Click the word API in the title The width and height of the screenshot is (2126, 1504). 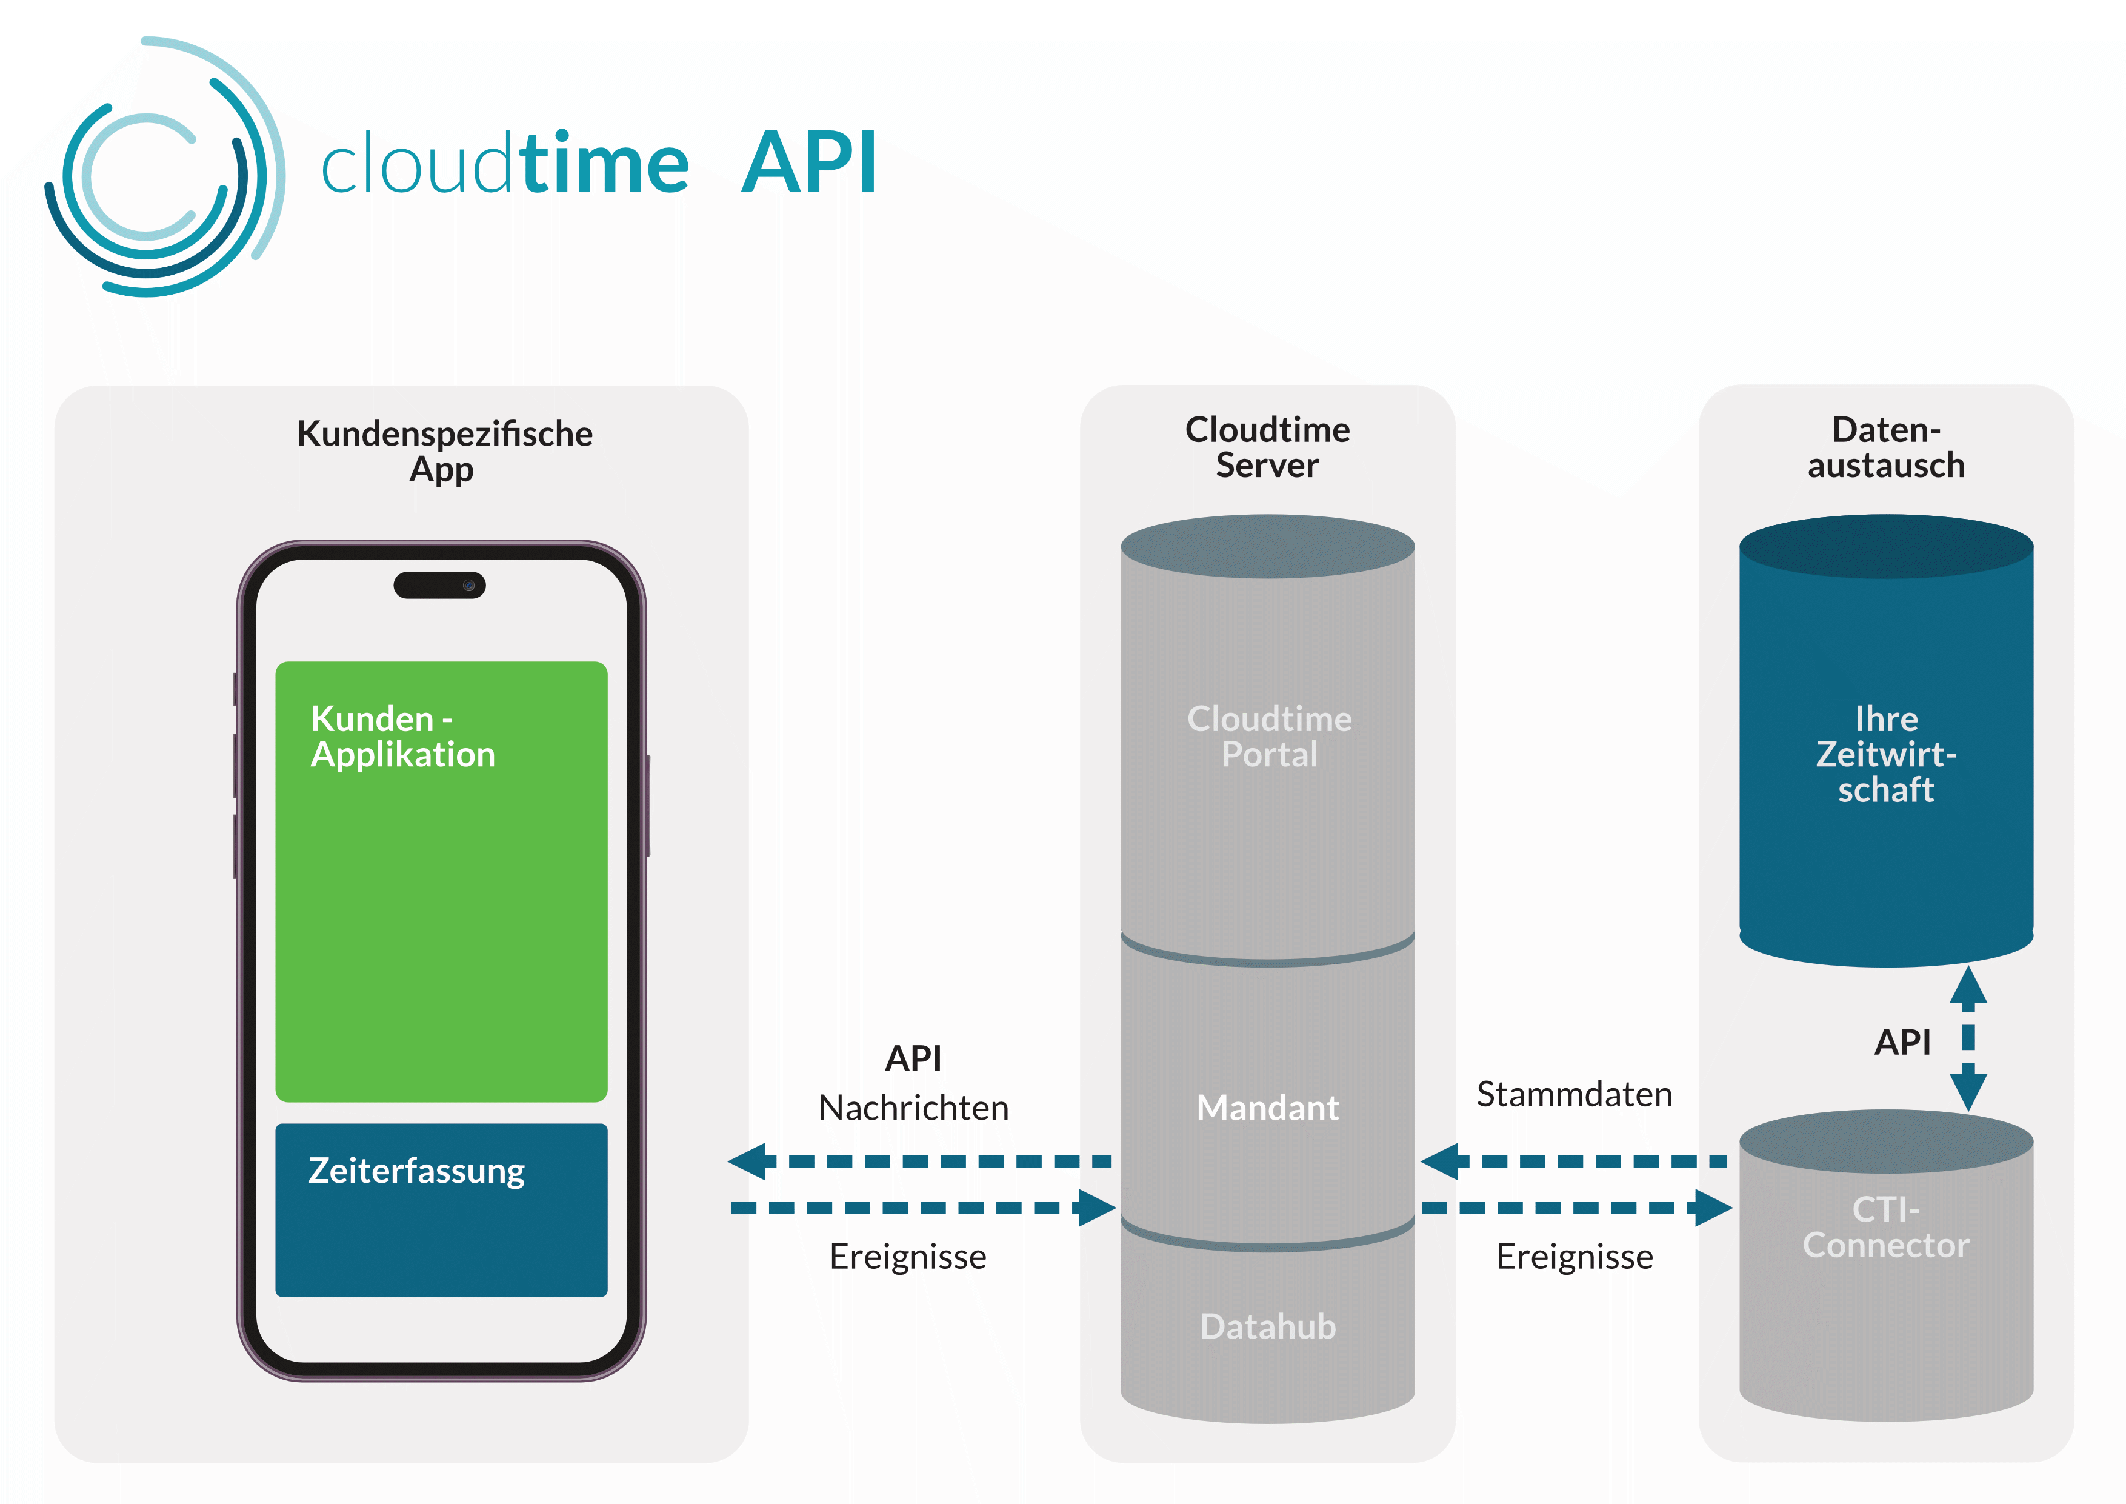[808, 164]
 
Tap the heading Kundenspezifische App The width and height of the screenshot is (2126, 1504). [444, 451]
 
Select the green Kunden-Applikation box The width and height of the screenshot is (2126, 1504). [441, 880]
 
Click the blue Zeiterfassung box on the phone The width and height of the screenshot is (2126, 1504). [441, 1209]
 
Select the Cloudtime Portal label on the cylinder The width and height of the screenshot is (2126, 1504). [1268, 737]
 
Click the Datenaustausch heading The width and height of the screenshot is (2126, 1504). [1885, 447]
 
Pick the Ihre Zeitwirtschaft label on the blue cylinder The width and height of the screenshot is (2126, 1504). [1885, 754]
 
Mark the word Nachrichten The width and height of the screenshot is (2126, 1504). [913, 1108]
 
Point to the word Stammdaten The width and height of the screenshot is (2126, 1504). [1573, 1094]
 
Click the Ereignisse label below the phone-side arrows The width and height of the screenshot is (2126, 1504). [907, 1257]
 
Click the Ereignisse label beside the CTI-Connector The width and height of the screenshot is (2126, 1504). [1574, 1257]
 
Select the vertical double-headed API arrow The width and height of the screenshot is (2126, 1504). [1968, 1037]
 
